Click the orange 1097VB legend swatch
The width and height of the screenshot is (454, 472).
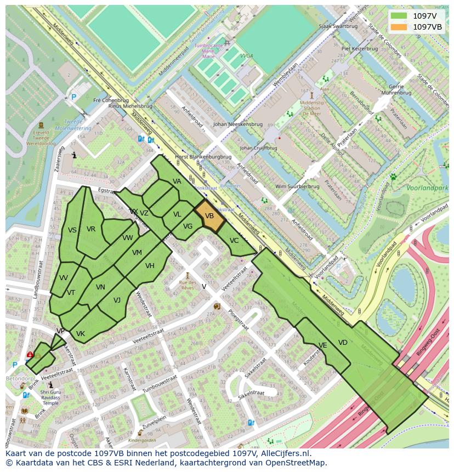click(x=399, y=27)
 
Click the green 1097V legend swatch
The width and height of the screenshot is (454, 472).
click(x=399, y=16)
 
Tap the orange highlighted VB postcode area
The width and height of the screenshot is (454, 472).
click(x=209, y=217)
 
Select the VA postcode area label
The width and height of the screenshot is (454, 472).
click(x=177, y=181)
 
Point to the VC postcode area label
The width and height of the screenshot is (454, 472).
click(x=234, y=241)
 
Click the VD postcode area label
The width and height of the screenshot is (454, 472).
click(x=343, y=343)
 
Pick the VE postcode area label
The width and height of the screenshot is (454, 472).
click(x=322, y=345)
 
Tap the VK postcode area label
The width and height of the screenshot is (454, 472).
click(x=81, y=334)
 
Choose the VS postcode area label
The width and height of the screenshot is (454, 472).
click(x=72, y=230)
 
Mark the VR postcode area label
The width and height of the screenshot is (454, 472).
click(x=91, y=229)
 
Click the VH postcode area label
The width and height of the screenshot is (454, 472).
click(x=150, y=266)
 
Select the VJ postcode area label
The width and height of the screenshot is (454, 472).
click(x=117, y=300)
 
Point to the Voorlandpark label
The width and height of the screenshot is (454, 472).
click(x=428, y=188)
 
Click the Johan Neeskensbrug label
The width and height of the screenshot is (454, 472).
click(x=235, y=124)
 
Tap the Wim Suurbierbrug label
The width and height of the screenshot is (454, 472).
click(x=297, y=186)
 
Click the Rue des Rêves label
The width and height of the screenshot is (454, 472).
click(x=188, y=285)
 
